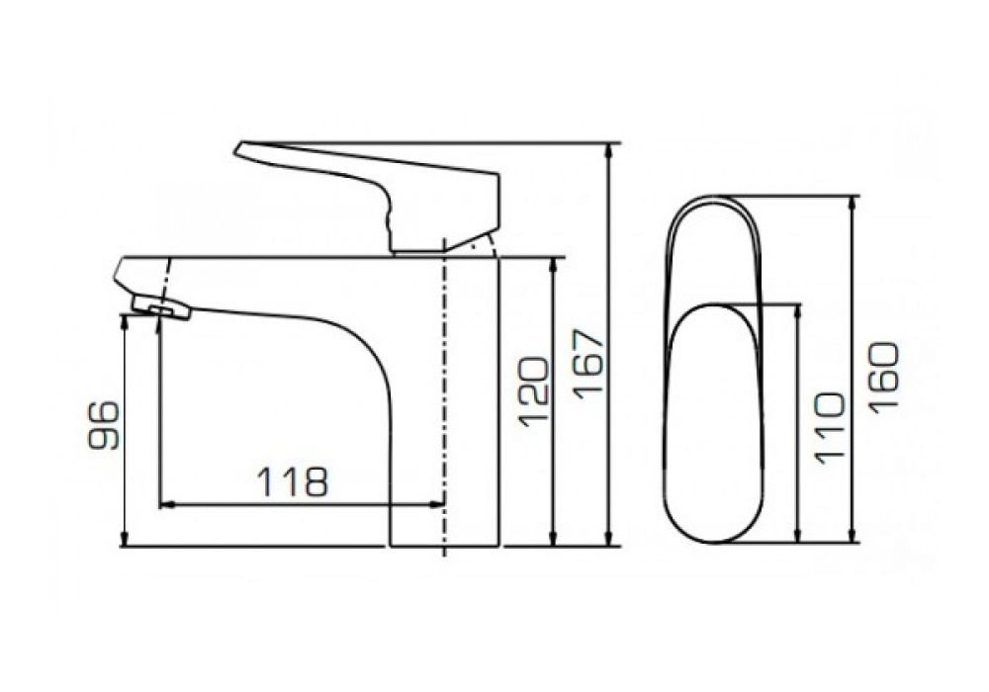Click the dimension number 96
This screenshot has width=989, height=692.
tap(104, 425)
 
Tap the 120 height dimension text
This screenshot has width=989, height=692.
tap(532, 391)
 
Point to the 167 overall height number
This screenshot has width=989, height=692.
tap(588, 362)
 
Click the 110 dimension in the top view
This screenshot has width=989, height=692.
tap(829, 427)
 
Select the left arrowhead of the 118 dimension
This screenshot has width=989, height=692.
tap(165, 504)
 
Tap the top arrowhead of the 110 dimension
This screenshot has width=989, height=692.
tap(798, 311)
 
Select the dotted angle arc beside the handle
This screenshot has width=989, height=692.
tap(487, 244)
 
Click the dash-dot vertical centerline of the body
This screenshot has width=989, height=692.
tap(444, 395)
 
